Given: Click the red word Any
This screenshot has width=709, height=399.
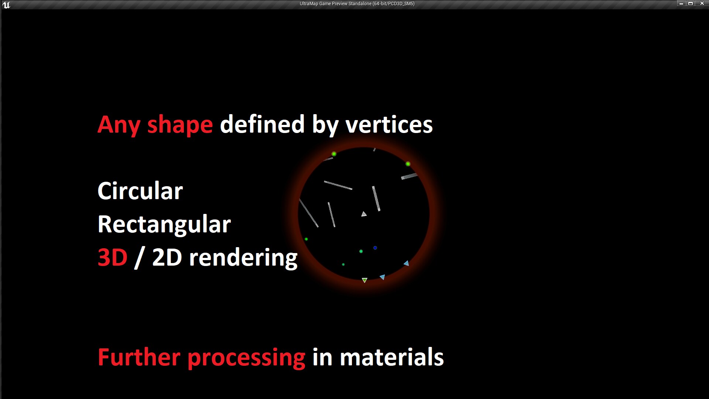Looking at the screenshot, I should point(119,125).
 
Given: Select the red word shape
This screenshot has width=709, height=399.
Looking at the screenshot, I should point(180,125).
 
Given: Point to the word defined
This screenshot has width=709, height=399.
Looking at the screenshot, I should point(262,124).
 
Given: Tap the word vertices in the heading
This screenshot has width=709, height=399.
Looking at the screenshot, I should point(389,125).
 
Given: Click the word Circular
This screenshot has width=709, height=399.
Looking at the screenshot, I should point(140,191).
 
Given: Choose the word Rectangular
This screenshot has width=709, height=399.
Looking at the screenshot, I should point(164,224).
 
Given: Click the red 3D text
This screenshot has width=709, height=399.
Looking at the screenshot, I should point(112,258).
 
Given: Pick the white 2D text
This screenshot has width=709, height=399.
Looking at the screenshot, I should point(167,258).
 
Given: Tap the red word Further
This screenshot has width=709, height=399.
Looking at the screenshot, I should point(139,357).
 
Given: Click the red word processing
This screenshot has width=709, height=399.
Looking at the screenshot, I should point(246,358).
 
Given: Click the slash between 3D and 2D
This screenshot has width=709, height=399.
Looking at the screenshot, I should point(139,258).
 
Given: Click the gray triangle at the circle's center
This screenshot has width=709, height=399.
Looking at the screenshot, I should point(364,214).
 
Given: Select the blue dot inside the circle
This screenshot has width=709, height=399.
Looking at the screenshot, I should point(375,248).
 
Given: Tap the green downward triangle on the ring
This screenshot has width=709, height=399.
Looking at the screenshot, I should point(364,280).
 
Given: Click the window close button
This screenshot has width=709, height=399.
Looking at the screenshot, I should point(702,3).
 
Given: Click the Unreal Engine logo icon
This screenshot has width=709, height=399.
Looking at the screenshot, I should point(6,5).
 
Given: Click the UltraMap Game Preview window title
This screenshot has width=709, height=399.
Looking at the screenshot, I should point(357,4).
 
